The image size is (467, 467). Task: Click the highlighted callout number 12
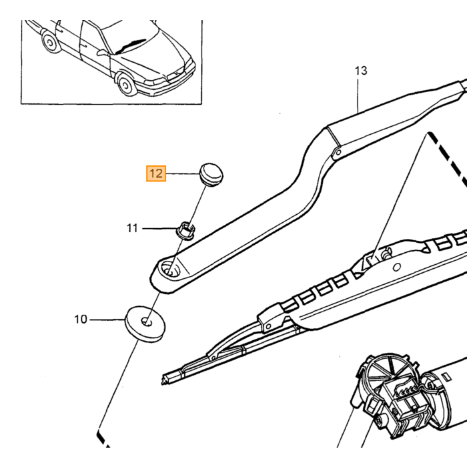click(x=155, y=173)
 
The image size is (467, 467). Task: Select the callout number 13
click(x=361, y=71)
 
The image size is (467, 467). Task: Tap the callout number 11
click(x=132, y=228)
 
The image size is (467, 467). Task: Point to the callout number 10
click(x=81, y=320)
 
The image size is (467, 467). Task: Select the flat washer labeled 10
click(x=145, y=324)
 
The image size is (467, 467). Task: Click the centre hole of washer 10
click(x=146, y=322)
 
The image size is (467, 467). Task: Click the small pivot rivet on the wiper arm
click(x=338, y=153)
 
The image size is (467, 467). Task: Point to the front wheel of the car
click(x=126, y=84)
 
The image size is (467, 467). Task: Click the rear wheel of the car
click(x=50, y=43)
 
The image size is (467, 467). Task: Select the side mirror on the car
click(x=103, y=53)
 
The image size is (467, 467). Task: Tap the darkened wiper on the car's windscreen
click(x=130, y=46)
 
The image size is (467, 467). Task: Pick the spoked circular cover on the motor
click(x=386, y=370)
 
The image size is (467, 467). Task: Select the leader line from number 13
click(x=358, y=95)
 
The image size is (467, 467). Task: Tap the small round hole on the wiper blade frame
click(x=397, y=267)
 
